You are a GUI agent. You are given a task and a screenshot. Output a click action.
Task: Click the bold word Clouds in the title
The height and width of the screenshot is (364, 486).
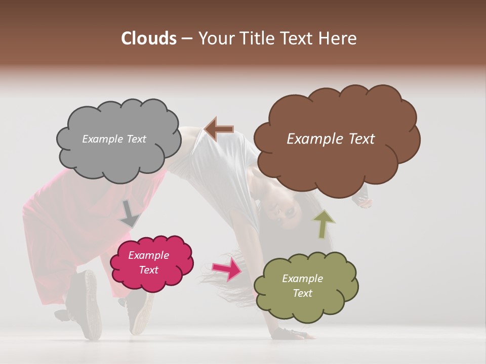[x=149, y=38]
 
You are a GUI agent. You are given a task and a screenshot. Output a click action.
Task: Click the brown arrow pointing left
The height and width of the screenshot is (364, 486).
[x=219, y=129]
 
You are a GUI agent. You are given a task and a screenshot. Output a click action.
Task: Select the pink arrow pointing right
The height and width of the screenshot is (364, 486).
[x=227, y=268]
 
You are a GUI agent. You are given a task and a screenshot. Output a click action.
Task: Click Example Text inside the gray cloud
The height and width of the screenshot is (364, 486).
[x=114, y=139]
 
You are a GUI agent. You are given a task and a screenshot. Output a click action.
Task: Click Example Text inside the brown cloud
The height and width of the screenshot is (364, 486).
[x=331, y=139]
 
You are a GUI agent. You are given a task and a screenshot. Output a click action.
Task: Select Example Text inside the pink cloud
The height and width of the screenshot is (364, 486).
[x=149, y=262]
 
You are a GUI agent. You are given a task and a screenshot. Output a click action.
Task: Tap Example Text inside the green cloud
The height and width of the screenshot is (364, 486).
[x=302, y=286]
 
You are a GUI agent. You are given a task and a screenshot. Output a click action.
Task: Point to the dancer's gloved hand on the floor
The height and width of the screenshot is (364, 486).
[x=289, y=334]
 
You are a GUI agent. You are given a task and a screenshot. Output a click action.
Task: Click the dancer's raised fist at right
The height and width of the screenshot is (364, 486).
[x=363, y=201]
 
